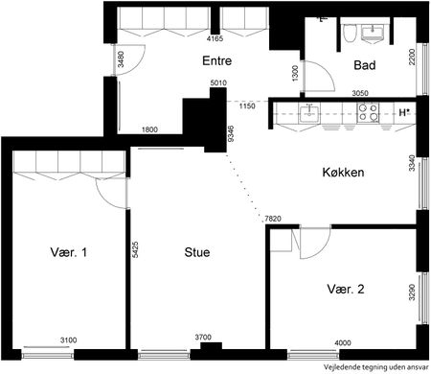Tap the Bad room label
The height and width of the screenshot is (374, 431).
pyautogui.click(x=363, y=66)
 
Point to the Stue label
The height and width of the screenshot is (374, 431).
pyautogui.click(x=197, y=253)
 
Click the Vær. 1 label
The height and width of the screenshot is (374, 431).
pyautogui.click(x=69, y=253)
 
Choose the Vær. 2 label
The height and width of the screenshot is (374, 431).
pyautogui.click(x=345, y=289)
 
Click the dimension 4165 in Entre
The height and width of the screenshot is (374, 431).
pyautogui.click(x=215, y=40)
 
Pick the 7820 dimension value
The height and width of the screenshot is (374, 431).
pyautogui.click(x=273, y=220)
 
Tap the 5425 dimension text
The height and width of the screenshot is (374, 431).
pyautogui.click(x=136, y=251)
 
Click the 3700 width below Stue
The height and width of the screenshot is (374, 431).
pyautogui.click(x=204, y=338)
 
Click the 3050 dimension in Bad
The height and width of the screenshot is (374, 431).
pyautogui.click(x=360, y=93)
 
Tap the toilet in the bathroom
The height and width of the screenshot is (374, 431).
pyautogui.click(x=349, y=35)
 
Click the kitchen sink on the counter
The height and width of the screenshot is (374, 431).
pyautogui.click(x=308, y=114)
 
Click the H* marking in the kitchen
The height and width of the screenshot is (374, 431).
pyautogui.click(x=404, y=112)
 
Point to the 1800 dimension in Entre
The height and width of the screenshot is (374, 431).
pyautogui.click(x=149, y=129)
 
